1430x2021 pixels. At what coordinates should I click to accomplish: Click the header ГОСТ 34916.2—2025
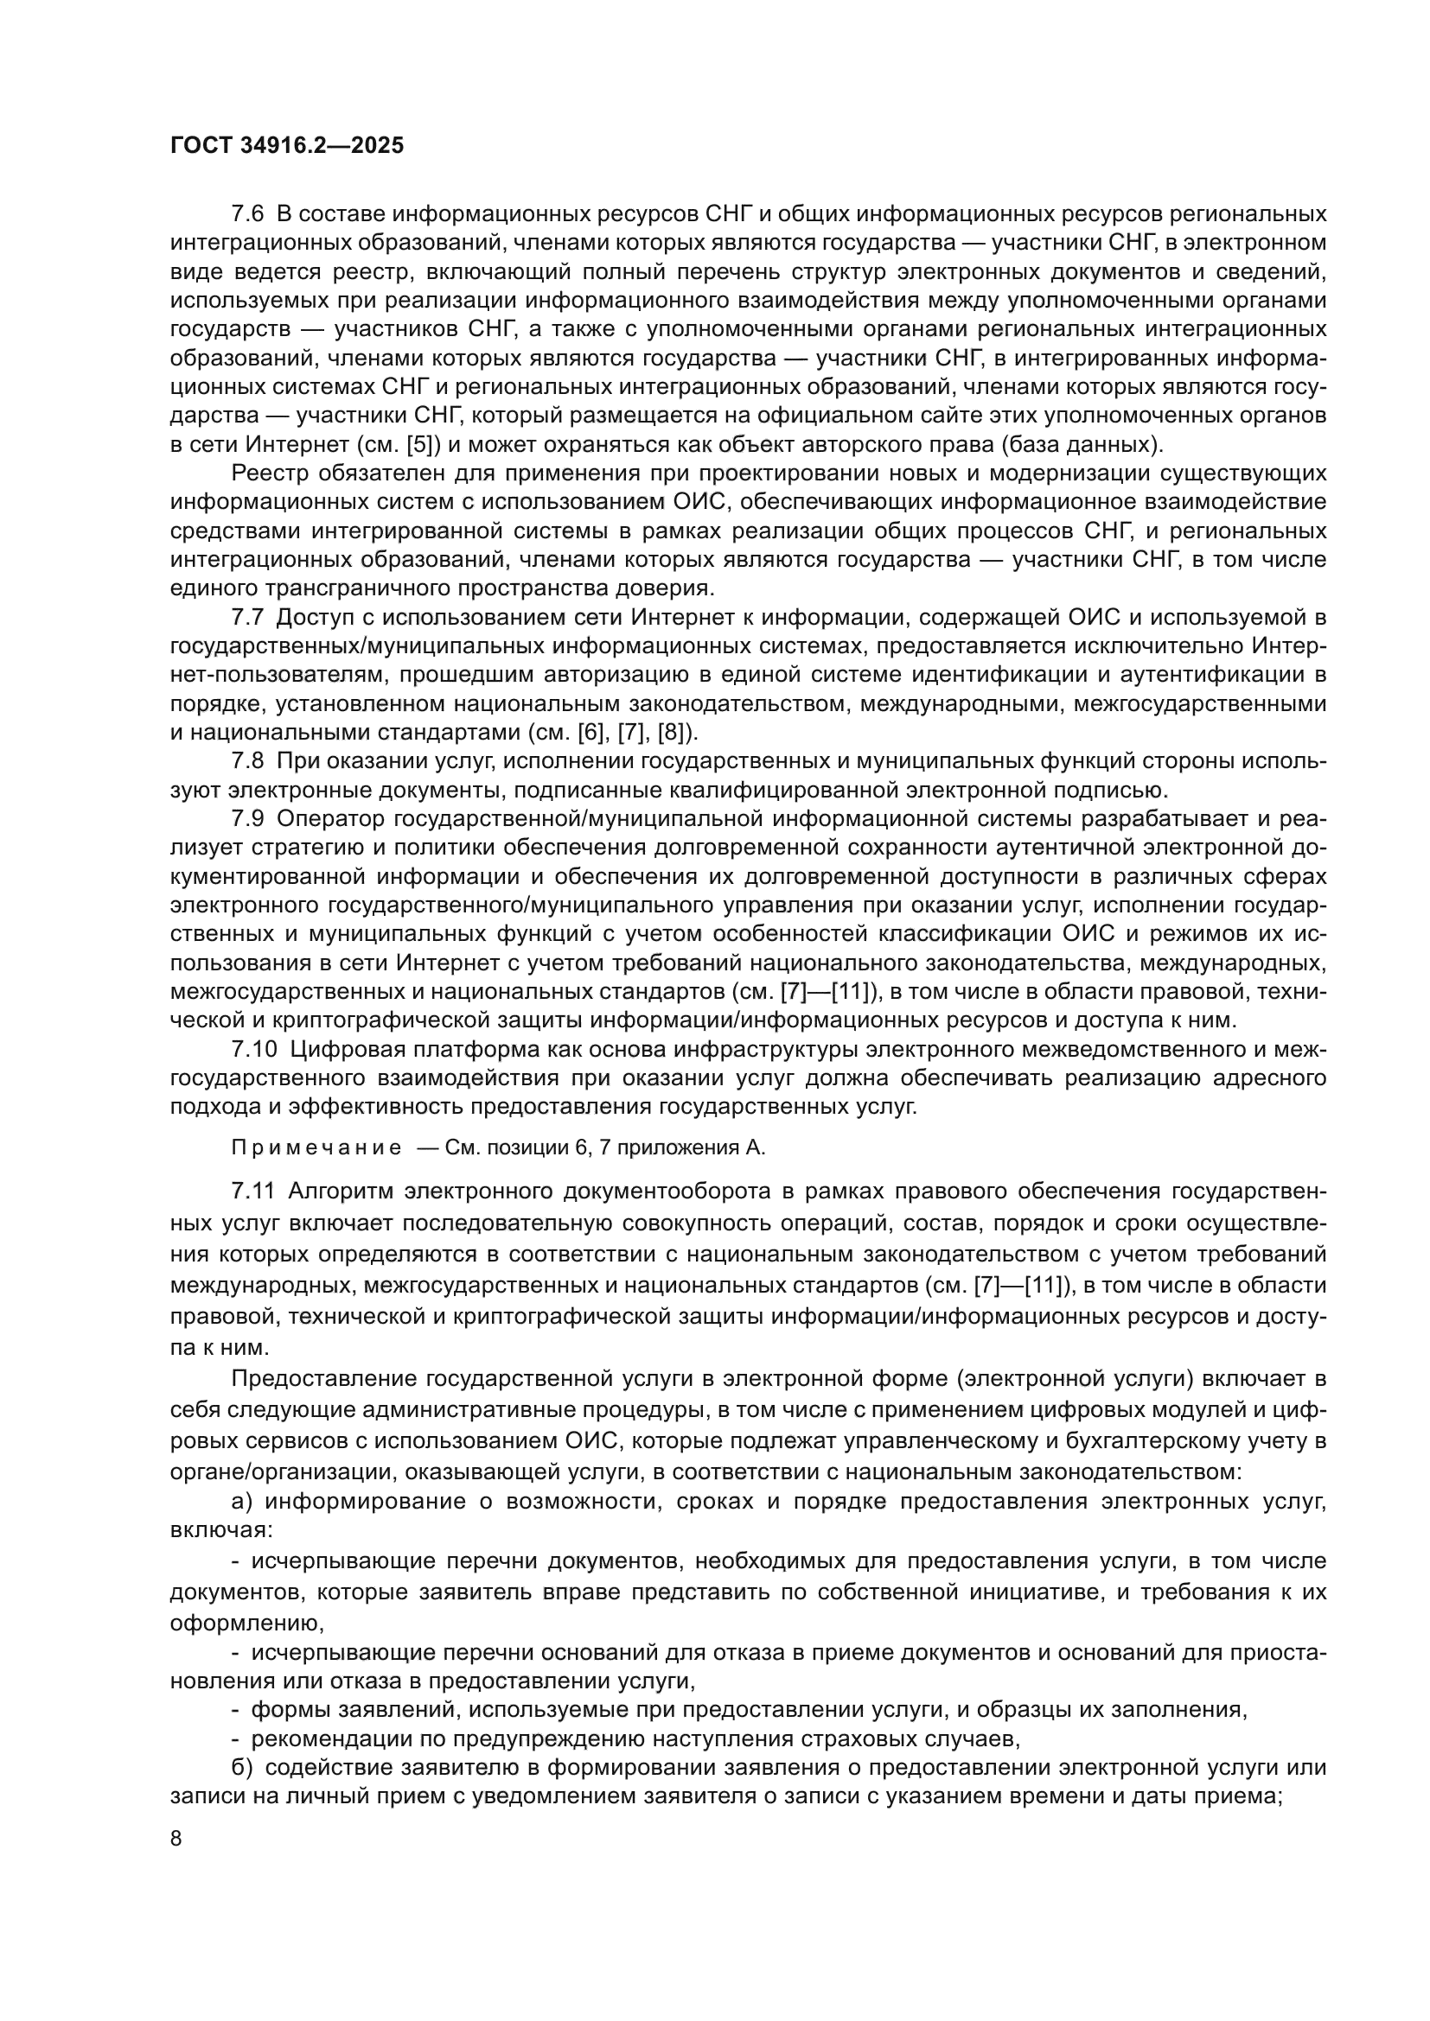click(x=287, y=146)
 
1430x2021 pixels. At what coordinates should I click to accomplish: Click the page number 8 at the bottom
click(x=176, y=1838)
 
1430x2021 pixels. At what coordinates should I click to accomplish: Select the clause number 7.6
click(x=247, y=214)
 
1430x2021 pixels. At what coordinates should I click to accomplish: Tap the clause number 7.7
click(x=247, y=618)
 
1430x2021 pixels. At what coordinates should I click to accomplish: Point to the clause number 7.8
click(x=247, y=761)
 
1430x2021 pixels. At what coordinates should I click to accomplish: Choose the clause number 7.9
click(x=247, y=818)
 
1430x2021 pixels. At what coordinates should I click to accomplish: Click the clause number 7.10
click(x=253, y=1049)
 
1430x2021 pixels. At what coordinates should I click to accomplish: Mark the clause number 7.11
click(x=253, y=1192)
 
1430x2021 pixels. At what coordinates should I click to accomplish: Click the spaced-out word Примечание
click(x=316, y=1147)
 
